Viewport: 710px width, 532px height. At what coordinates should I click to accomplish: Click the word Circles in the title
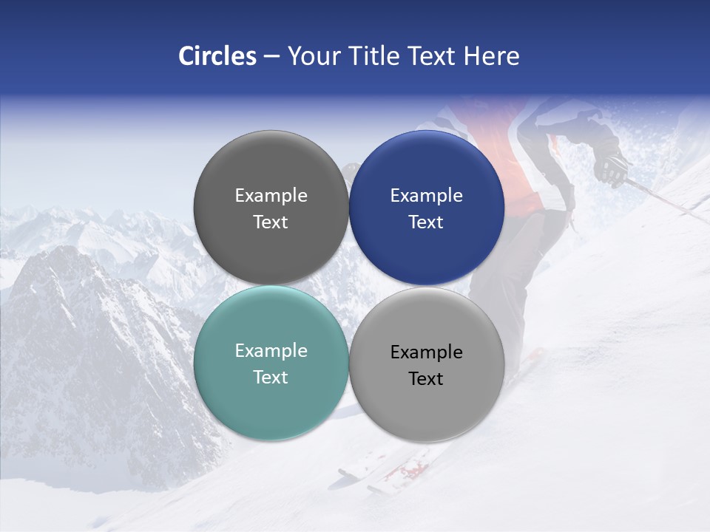tap(217, 56)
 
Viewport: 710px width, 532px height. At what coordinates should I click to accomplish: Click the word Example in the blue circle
tap(426, 196)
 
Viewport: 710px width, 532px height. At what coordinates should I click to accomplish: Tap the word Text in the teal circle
tap(271, 378)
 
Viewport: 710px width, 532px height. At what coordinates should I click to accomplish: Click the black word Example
tap(426, 352)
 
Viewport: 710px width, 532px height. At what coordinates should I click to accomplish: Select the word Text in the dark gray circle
tap(271, 222)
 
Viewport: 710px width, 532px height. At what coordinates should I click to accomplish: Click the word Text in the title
tap(431, 56)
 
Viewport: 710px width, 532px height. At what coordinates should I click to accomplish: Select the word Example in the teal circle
tap(271, 351)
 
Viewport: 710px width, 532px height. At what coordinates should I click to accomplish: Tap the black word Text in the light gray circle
tap(426, 379)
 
